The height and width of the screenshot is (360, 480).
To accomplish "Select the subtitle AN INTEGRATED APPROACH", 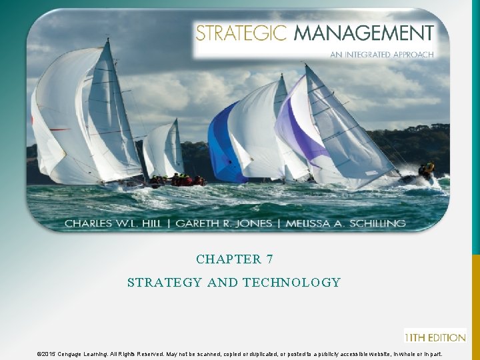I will coord(381,55).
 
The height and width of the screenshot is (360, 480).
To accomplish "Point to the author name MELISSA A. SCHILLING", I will coord(345,223).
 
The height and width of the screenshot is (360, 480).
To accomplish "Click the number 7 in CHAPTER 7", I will coord(269,259).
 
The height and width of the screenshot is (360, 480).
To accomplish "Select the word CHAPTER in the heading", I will coord(228,259).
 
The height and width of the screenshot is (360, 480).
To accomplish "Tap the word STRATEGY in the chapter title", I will coord(165,283).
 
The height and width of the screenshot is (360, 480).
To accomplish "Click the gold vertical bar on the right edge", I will coord(475,307).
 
